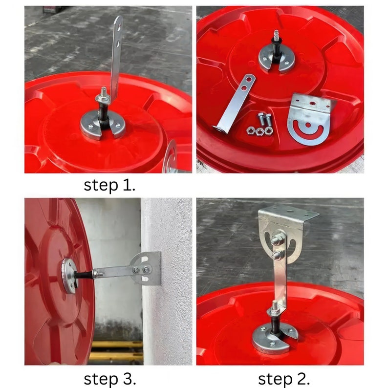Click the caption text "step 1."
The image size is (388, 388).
point(109,185)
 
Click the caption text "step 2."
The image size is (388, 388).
point(284,379)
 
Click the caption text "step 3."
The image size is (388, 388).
point(110,379)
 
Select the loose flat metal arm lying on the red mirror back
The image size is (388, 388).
point(235,104)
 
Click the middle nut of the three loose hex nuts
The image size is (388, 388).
point(259,131)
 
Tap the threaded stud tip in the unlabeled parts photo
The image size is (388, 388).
point(277,33)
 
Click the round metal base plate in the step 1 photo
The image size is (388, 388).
point(103,125)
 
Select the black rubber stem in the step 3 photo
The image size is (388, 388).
point(84,275)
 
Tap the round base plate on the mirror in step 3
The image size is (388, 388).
point(69,276)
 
